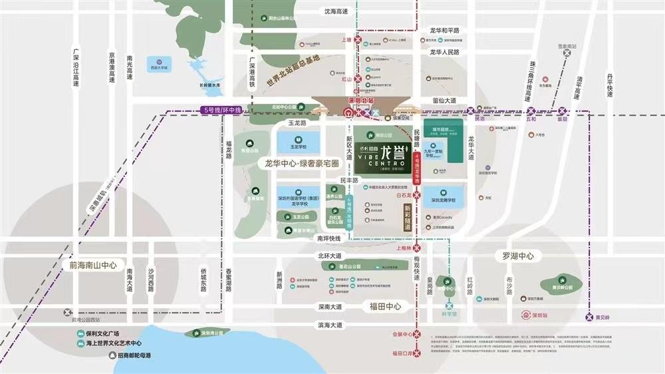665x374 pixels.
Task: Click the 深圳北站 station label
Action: (x=362, y=100)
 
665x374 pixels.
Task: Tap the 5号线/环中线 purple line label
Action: (x=223, y=110)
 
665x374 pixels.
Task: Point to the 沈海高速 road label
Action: (x=336, y=11)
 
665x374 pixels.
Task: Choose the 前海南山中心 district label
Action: (x=92, y=265)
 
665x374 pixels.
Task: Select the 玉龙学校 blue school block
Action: (x=297, y=146)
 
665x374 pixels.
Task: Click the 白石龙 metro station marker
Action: (x=417, y=196)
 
